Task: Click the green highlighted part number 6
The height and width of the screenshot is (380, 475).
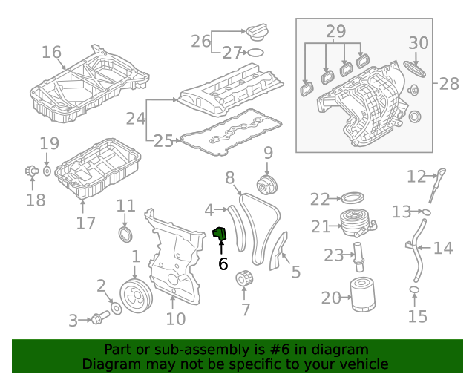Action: (220, 233)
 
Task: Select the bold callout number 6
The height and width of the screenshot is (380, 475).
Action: (223, 264)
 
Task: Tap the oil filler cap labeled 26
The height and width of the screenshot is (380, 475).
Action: (257, 31)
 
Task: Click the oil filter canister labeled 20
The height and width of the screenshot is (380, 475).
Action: (363, 295)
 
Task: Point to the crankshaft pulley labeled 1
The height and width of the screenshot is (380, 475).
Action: (136, 296)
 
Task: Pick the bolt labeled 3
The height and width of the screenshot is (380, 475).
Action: (100, 318)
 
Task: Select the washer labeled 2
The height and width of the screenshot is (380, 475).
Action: (117, 309)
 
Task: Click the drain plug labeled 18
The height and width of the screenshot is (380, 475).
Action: (31, 171)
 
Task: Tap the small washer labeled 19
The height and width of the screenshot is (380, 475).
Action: (47, 171)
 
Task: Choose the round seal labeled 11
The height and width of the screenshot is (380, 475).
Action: (125, 235)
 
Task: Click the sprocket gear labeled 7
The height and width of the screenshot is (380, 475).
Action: (244, 278)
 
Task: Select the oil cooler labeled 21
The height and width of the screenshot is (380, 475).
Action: (358, 224)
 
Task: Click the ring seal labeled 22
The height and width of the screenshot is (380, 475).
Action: (353, 198)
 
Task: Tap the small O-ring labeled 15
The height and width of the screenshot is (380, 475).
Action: (414, 290)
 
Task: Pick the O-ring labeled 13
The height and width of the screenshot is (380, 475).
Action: (426, 212)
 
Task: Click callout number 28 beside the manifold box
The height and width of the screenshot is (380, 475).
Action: (448, 84)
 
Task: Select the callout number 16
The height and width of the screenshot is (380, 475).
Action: (51, 52)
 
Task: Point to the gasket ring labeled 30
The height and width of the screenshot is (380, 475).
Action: (414, 69)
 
